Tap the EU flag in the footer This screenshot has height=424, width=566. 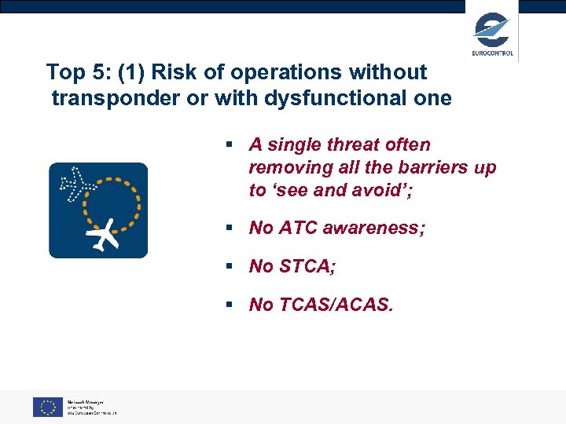[x=47, y=407]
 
